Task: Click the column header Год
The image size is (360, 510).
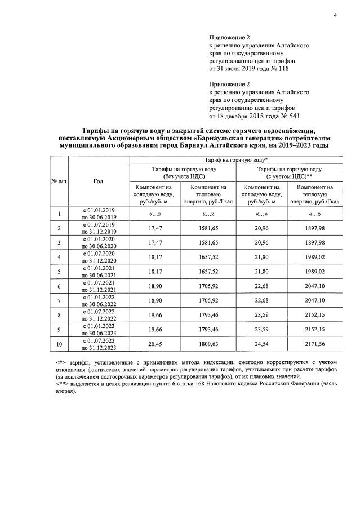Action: (99, 181)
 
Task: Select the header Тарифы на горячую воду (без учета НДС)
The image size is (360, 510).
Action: (183, 172)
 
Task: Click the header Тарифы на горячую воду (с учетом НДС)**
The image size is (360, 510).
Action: (289, 172)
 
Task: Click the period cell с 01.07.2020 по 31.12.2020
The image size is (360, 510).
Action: (99, 256)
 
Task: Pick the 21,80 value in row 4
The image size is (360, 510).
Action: (261, 256)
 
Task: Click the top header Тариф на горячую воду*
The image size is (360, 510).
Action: (235, 161)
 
